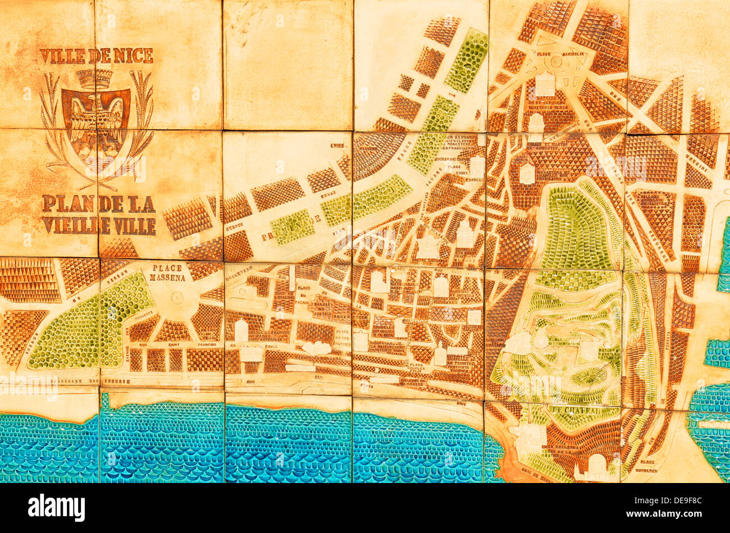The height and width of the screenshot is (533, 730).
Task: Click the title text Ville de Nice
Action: pyautogui.click(x=96, y=56)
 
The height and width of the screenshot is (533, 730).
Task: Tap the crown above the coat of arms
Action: pyautogui.click(x=95, y=79)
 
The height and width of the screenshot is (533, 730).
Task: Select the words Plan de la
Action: pyautogui.click(x=98, y=203)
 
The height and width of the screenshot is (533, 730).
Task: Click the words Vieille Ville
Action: pyautogui.click(x=98, y=226)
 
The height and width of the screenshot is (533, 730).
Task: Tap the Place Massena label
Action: pyautogui.click(x=168, y=274)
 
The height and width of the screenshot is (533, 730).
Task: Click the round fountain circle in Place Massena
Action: pyautogui.click(x=177, y=298)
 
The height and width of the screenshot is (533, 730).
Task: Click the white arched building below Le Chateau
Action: pyautogui.click(x=596, y=464)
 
